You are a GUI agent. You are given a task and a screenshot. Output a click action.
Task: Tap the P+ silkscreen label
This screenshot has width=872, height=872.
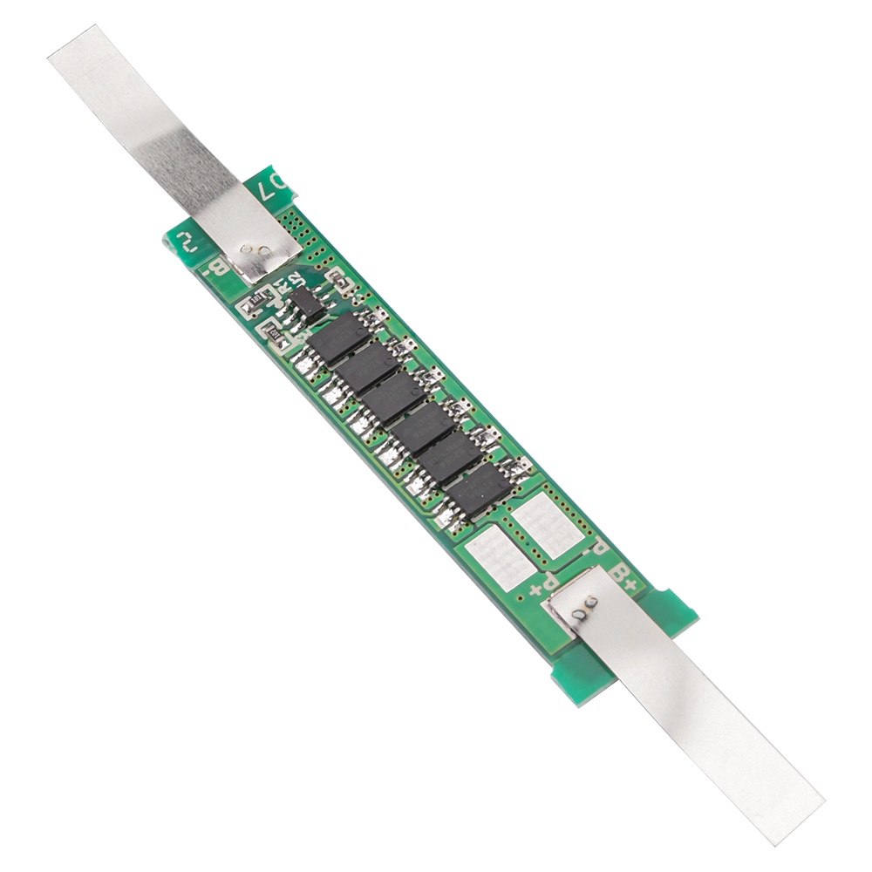543,581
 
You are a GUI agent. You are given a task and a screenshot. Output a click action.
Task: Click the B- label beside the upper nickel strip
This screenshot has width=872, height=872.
216,272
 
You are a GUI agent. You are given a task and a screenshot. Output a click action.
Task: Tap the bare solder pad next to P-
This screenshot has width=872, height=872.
541,522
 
